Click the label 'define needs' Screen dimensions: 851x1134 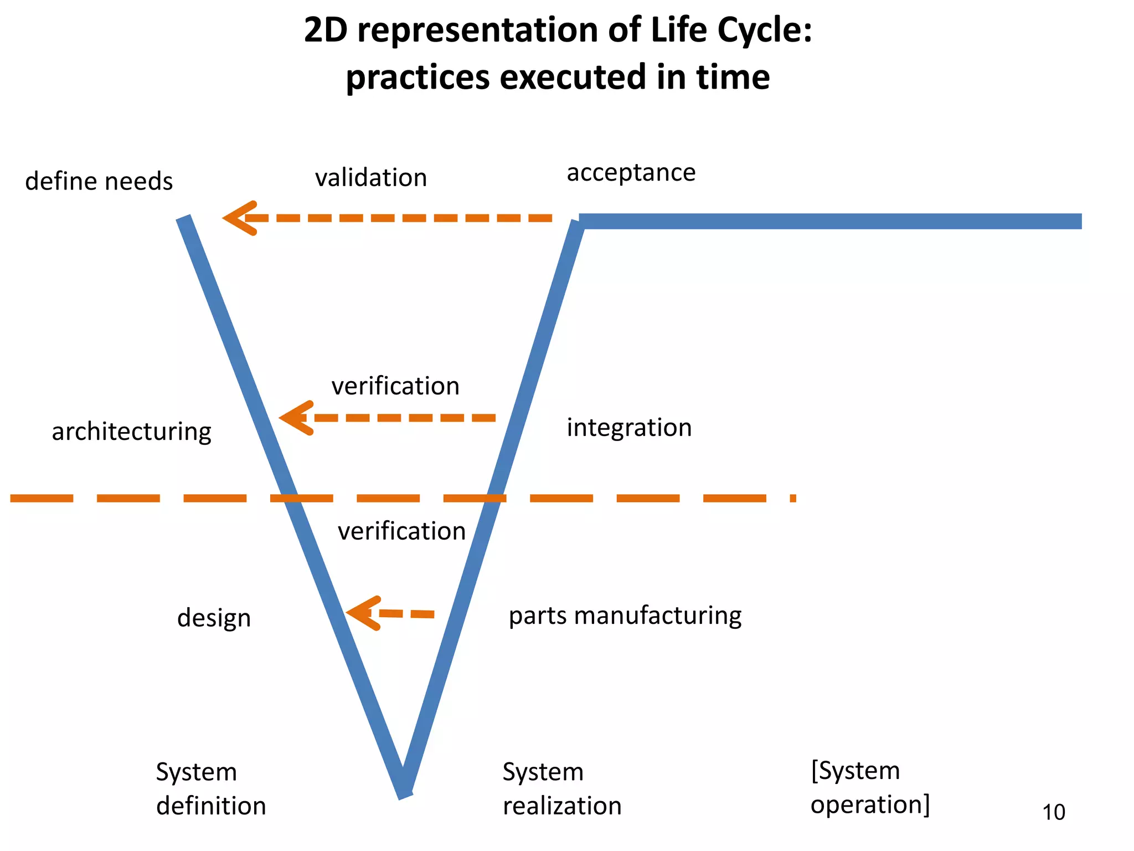99,182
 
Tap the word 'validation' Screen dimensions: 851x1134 371,178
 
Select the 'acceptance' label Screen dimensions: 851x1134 631,172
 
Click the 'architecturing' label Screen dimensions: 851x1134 132,432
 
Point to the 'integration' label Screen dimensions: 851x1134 629,428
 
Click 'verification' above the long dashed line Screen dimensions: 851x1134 395,386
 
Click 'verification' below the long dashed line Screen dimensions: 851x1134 402,531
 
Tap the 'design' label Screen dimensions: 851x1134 214,618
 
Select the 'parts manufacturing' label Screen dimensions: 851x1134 625,616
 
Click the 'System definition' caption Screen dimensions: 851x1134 210,788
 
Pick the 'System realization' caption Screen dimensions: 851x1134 561,788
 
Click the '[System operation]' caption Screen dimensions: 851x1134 870,787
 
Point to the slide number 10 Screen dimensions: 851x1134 1054,812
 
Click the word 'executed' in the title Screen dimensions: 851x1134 573,76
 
